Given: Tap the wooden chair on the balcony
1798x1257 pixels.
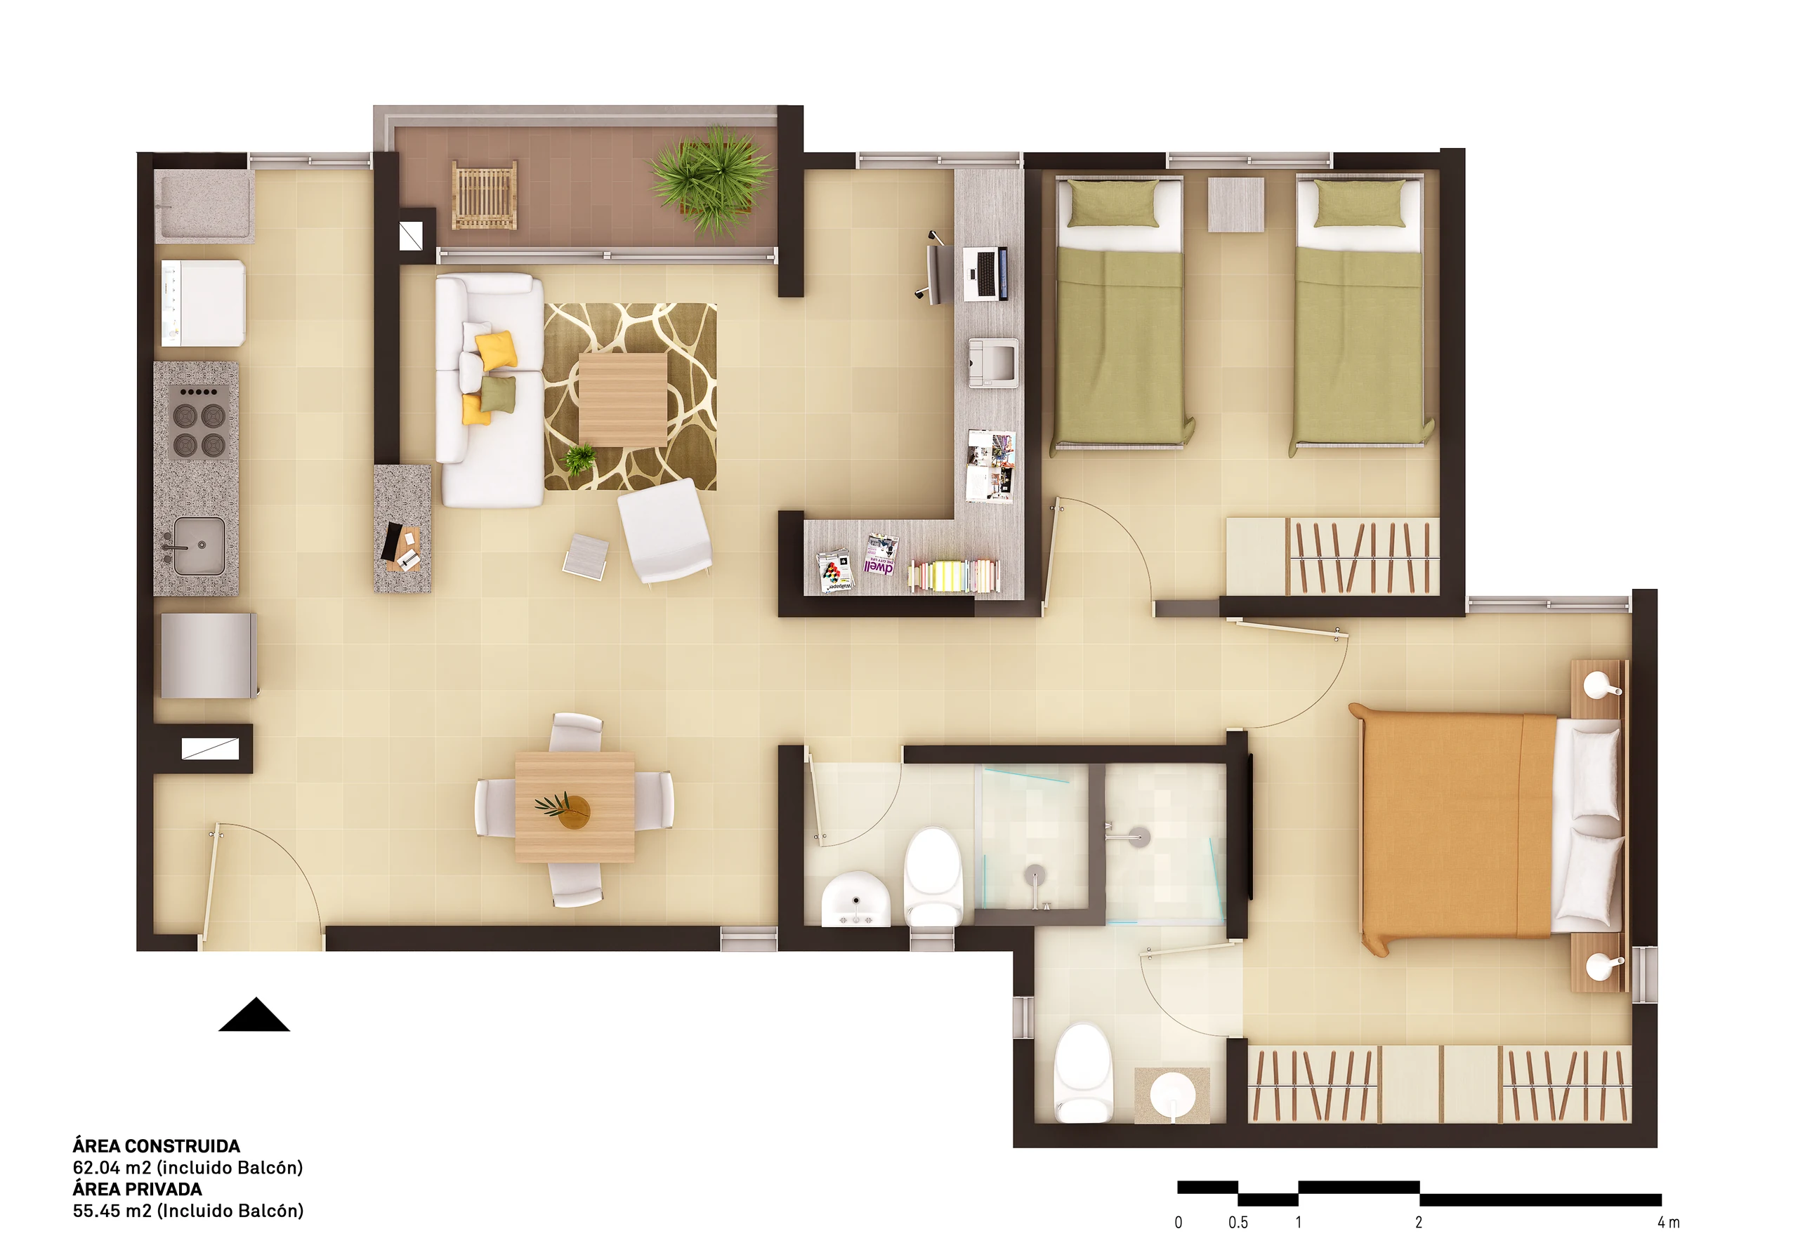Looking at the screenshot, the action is tap(485, 195).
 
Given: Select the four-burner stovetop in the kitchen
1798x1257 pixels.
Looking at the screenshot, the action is tap(199, 422).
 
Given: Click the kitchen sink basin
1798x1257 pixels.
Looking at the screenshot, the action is tap(199, 545).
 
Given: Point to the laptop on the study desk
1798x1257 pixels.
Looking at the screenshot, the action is tap(985, 273).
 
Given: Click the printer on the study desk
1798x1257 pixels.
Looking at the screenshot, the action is tap(994, 363).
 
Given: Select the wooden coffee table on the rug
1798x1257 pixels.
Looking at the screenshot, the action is tap(622, 399).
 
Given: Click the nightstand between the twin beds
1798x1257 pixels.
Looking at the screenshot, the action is tap(1235, 204).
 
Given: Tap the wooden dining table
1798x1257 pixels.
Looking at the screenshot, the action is tap(575, 808).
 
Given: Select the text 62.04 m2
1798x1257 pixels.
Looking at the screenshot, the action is tap(112, 1168).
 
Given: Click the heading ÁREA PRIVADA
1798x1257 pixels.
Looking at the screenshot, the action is tap(138, 1189).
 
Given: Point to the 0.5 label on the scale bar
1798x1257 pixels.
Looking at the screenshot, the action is tap(1238, 1223).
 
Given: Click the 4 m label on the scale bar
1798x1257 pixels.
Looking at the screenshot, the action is tap(1668, 1223).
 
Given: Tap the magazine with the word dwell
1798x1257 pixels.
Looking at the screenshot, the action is tap(881, 555).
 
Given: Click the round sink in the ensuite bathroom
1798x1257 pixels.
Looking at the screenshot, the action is tap(1172, 1093).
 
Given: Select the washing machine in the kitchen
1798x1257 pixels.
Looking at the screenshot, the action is tap(204, 303).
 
